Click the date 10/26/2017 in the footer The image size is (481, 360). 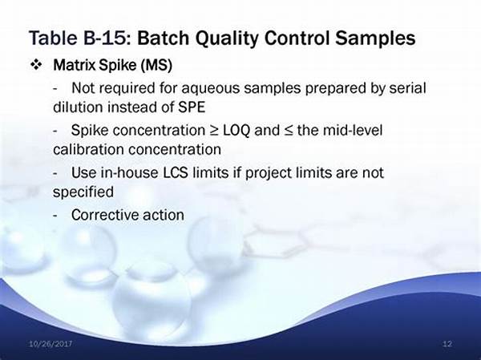click(x=51, y=343)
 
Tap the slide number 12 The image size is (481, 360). click(x=447, y=344)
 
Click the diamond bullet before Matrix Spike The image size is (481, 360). click(x=36, y=65)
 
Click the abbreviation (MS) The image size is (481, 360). click(x=156, y=65)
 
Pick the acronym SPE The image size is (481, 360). click(x=192, y=107)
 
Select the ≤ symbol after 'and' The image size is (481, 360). click(x=288, y=131)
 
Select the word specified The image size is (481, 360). click(x=83, y=192)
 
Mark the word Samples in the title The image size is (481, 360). click(x=375, y=38)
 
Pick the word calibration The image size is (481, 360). click(x=88, y=150)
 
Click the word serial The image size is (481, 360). click(x=408, y=88)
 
